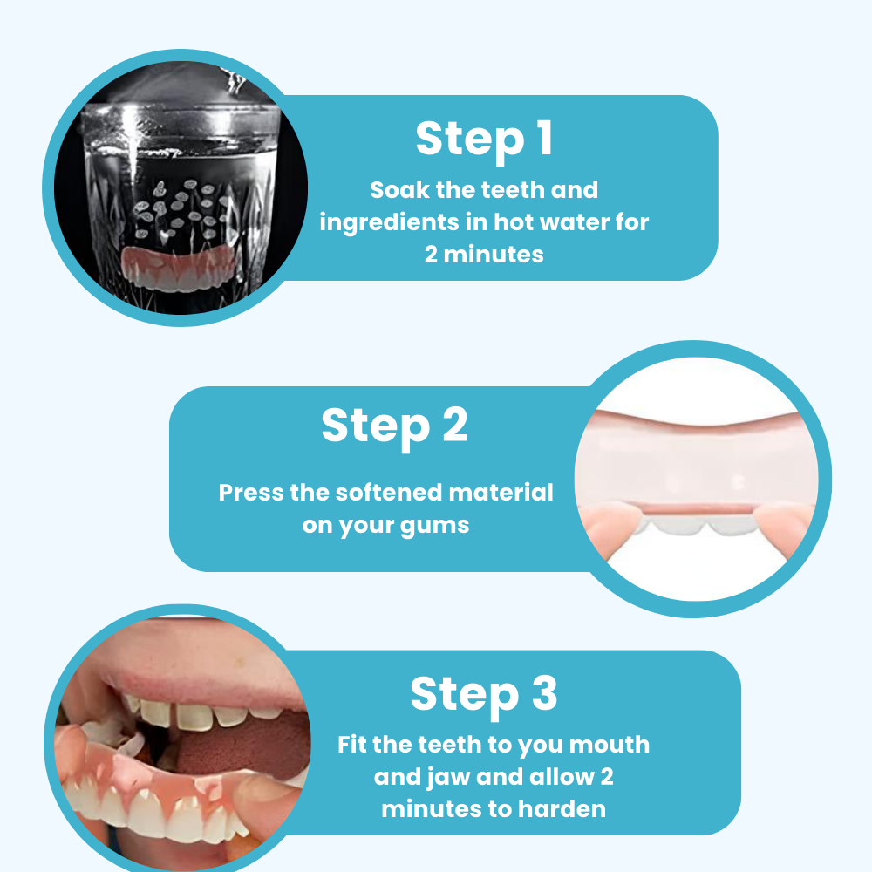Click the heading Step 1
click(x=484, y=140)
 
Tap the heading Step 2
click(x=394, y=426)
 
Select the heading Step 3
click(x=484, y=694)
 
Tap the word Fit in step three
click(x=352, y=745)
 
